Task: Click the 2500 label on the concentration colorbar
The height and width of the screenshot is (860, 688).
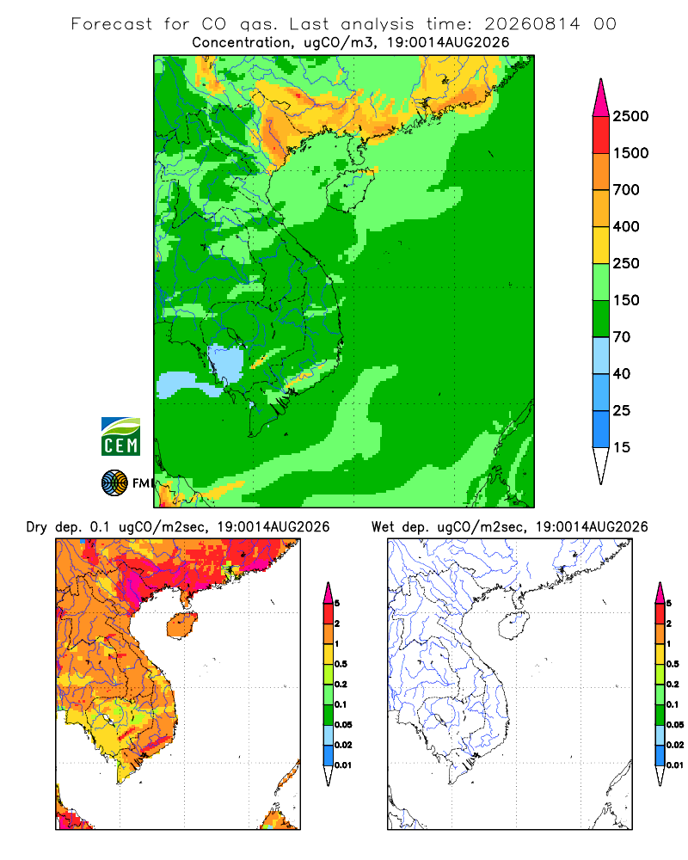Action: click(630, 116)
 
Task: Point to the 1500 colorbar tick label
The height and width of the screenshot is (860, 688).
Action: click(630, 153)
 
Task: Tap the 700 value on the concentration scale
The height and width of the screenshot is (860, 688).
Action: click(626, 190)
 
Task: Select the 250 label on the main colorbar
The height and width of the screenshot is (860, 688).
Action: click(626, 263)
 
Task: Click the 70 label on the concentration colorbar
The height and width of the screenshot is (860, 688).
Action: click(622, 337)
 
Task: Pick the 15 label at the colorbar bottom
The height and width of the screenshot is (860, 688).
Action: click(622, 447)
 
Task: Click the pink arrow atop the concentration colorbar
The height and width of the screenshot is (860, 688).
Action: click(601, 97)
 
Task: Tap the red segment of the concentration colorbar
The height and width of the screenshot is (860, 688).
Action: click(601, 135)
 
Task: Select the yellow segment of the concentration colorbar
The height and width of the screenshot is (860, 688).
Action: click(601, 245)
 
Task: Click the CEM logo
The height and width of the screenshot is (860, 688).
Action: click(120, 437)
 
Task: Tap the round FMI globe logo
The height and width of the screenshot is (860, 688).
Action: click(114, 483)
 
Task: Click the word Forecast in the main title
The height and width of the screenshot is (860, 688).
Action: click(112, 24)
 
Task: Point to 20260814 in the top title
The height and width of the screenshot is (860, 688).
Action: click(531, 24)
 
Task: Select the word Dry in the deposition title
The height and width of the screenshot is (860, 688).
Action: click(37, 528)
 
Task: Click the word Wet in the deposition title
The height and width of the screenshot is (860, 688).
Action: click(383, 527)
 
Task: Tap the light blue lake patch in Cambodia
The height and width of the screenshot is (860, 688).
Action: click(225, 362)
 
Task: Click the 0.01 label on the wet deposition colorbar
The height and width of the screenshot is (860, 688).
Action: click(675, 765)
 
